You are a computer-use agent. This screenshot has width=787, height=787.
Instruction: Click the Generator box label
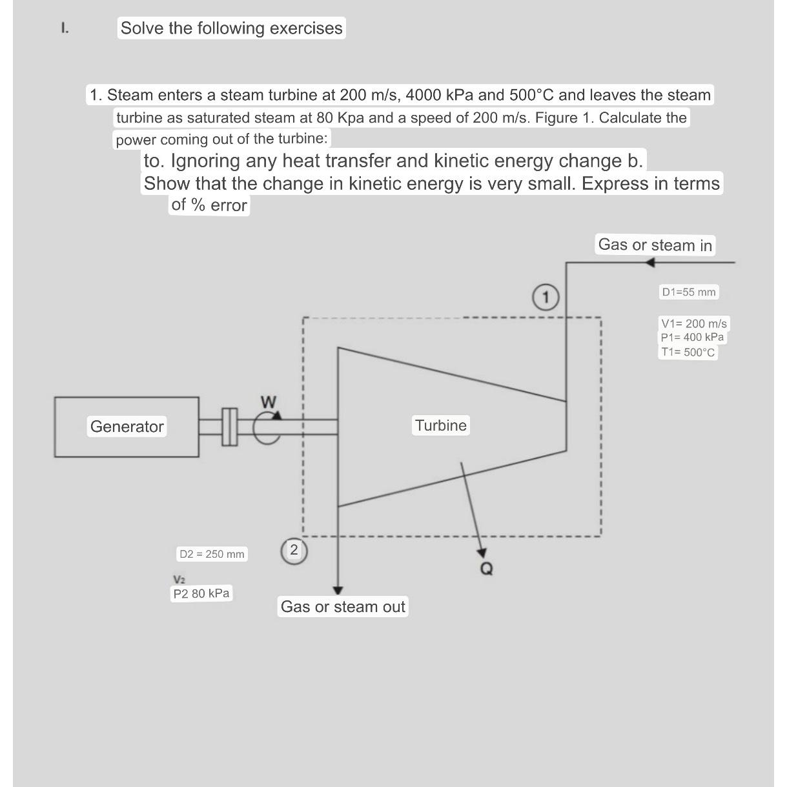(x=127, y=426)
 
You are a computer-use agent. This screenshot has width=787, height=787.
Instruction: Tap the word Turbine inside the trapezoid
(x=440, y=425)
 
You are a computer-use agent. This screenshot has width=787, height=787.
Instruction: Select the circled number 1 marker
(x=546, y=298)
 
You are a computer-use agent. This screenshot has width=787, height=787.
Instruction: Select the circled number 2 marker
(x=294, y=550)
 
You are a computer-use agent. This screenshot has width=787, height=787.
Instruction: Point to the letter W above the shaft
(x=269, y=402)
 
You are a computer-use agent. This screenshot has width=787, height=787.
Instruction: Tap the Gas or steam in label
(x=655, y=245)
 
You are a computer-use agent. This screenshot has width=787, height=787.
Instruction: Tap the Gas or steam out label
(x=343, y=606)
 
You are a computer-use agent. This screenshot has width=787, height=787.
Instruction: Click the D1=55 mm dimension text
(x=688, y=292)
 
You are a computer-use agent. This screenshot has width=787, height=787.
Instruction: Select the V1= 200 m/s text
(x=693, y=323)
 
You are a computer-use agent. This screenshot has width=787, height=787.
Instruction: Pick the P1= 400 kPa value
(x=692, y=337)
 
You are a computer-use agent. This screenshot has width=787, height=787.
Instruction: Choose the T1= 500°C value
(x=688, y=352)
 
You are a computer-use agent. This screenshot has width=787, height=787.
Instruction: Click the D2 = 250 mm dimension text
(x=212, y=554)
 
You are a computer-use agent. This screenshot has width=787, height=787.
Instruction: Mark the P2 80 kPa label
(x=201, y=593)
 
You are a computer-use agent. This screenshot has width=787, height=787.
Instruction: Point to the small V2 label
(x=179, y=578)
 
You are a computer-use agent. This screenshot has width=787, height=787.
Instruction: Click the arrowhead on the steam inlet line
(x=649, y=262)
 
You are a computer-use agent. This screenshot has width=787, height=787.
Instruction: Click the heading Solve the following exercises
(x=231, y=28)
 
